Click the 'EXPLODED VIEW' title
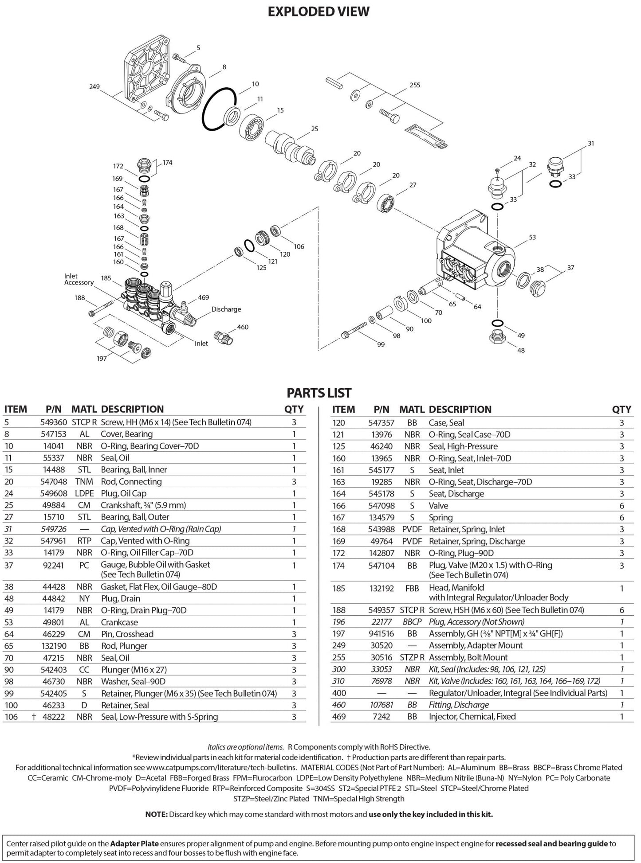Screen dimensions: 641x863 319,12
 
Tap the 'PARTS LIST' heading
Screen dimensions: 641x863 319,393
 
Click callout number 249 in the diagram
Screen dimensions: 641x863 94,87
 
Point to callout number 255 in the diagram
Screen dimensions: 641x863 415,85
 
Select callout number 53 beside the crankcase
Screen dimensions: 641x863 532,238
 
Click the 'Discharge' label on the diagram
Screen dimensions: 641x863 226,309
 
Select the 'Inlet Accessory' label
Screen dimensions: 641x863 79,279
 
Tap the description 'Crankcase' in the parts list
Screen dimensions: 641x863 119,622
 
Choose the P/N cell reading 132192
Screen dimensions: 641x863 382,588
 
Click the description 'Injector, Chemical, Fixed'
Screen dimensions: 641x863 472,716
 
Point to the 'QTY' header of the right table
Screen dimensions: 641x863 621,410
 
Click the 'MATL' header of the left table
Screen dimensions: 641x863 84,409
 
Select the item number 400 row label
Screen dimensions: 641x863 339,693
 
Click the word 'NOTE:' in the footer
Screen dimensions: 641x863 157,814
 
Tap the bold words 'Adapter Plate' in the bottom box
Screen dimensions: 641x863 134,843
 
